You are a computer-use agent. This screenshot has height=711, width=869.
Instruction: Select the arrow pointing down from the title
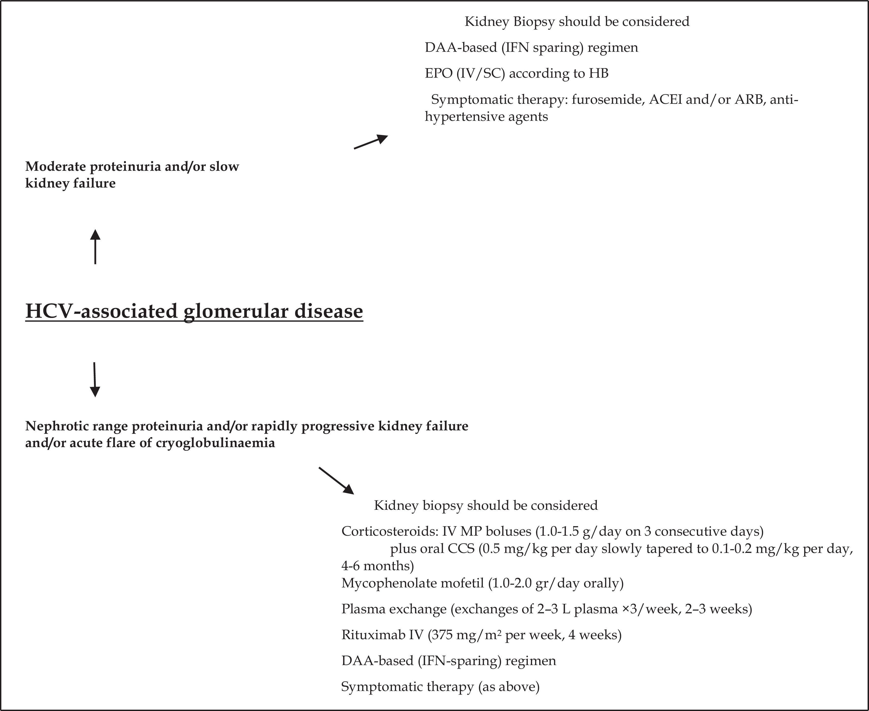coord(95,379)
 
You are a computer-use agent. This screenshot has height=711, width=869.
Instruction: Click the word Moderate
coord(55,167)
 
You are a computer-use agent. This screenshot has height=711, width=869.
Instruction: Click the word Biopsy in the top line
coord(534,21)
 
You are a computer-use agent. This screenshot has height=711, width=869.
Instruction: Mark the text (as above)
coord(509,686)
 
